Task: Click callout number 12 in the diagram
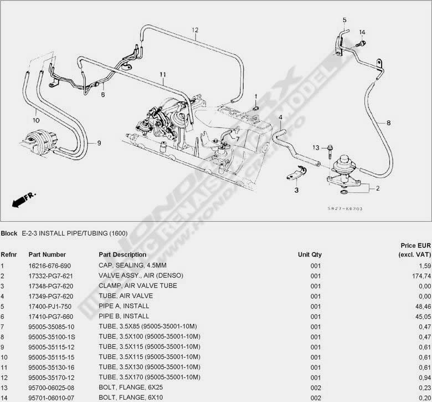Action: click(195, 30)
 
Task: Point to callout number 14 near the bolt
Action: click(362, 32)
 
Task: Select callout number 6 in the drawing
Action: click(102, 95)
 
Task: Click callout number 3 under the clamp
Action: click(296, 190)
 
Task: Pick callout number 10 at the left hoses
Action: click(35, 119)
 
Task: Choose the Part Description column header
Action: click(122, 255)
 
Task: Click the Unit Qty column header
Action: click(310, 255)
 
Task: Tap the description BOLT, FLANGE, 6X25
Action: click(127, 388)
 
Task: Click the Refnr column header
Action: click(8, 255)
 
